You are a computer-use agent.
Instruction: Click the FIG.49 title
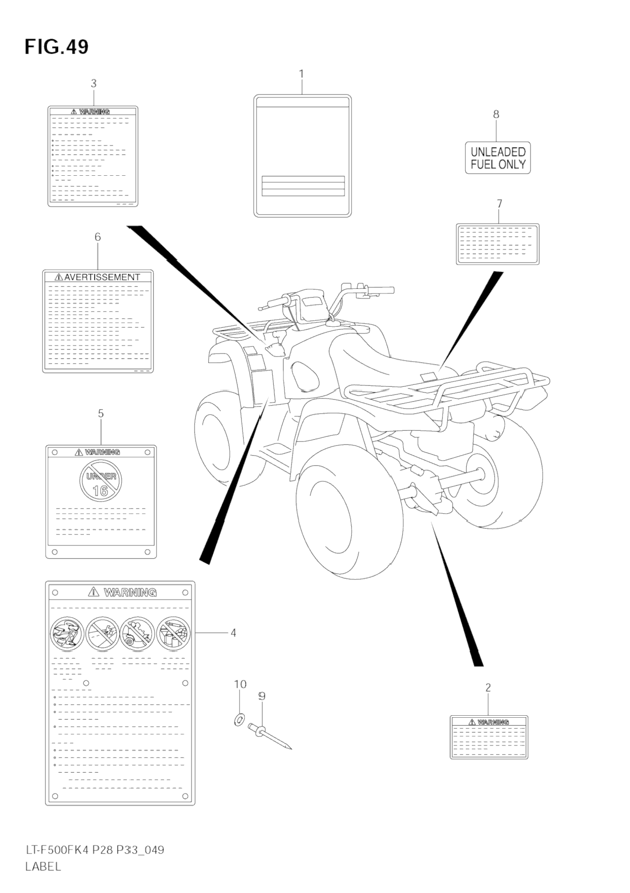(56, 47)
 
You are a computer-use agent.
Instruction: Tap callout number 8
(496, 115)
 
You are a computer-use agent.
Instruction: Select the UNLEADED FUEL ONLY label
(498, 158)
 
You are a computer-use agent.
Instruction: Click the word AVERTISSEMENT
(102, 277)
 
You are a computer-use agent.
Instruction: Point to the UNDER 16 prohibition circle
(101, 482)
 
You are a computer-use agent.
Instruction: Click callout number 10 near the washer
(240, 684)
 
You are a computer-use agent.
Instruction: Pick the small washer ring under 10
(239, 719)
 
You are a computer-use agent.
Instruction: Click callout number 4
(233, 632)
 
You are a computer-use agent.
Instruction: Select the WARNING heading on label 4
(130, 592)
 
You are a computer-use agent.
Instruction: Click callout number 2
(488, 687)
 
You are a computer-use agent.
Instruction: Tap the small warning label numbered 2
(489, 737)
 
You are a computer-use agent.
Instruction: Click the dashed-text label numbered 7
(497, 244)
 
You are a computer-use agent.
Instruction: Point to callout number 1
(301, 74)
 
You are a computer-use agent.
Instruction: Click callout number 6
(98, 237)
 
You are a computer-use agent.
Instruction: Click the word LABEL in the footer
(43, 866)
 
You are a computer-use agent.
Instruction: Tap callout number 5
(101, 414)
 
